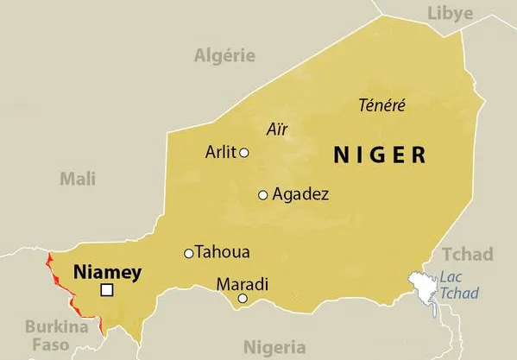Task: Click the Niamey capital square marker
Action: coord(107,291)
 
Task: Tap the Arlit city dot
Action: coord(244,153)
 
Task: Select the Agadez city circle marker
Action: coord(263,195)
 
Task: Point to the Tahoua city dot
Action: coord(188,254)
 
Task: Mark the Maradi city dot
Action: coord(243,299)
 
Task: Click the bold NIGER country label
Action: coord(380,155)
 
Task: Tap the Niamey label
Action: coord(107,271)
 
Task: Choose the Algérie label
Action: coord(224,56)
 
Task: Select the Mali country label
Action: coord(77,179)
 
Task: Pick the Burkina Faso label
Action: coord(56,336)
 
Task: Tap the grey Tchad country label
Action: coord(467,254)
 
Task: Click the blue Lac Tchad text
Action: coord(458,285)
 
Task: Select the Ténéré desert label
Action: coord(381,105)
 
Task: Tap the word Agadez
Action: coord(300,195)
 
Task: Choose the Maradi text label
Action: coord(243,284)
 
